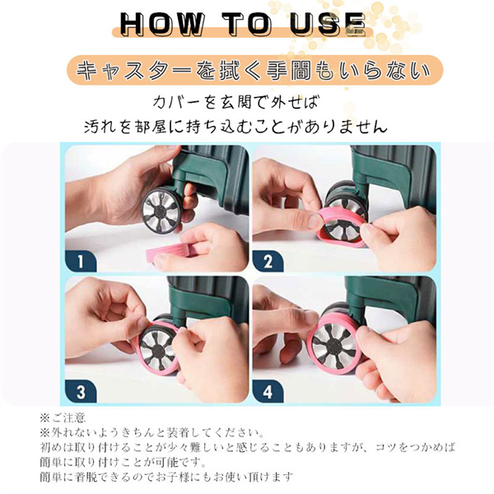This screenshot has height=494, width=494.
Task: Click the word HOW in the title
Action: point(161,24)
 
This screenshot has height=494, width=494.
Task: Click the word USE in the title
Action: point(328,24)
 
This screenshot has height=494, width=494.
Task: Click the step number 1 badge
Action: point(81,261)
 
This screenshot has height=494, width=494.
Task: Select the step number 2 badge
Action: point(268,261)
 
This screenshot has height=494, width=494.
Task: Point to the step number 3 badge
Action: point(81,392)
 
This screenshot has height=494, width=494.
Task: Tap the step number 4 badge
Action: point(268,392)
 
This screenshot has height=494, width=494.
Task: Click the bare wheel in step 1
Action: point(161,210)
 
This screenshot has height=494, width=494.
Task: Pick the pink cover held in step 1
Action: point(167,250)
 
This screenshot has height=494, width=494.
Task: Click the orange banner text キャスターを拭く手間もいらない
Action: point(254,70)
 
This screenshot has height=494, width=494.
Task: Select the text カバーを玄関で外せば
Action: point(236,102)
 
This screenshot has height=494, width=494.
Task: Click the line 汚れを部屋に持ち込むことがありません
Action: point(235,126)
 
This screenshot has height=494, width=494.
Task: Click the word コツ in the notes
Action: point(386,448)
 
